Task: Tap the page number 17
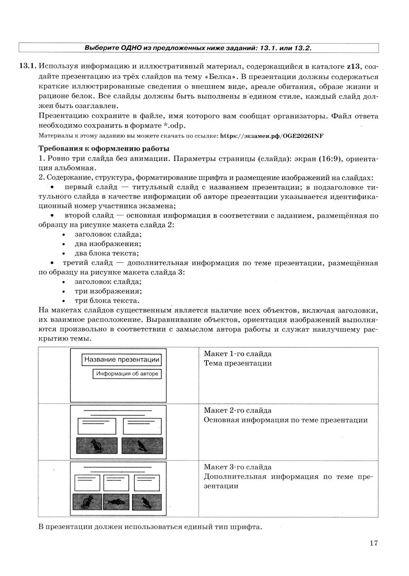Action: pos(373,543)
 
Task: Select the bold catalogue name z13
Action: pos(354,67)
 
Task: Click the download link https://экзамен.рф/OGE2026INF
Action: pos(272,136)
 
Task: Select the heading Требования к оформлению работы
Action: pos(104,148)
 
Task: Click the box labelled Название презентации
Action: pos(121,360)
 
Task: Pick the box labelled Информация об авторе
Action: pos(127,374)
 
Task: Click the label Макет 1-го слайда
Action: pos(238,354)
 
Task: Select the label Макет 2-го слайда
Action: pos(238,410)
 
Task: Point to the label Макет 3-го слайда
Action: pos(238,467)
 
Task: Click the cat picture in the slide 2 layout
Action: pos(97,445)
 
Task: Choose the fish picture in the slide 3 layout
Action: pos(116,502)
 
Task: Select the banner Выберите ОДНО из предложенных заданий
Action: pos(198,48)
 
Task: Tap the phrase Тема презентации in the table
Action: pos(238,363)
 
